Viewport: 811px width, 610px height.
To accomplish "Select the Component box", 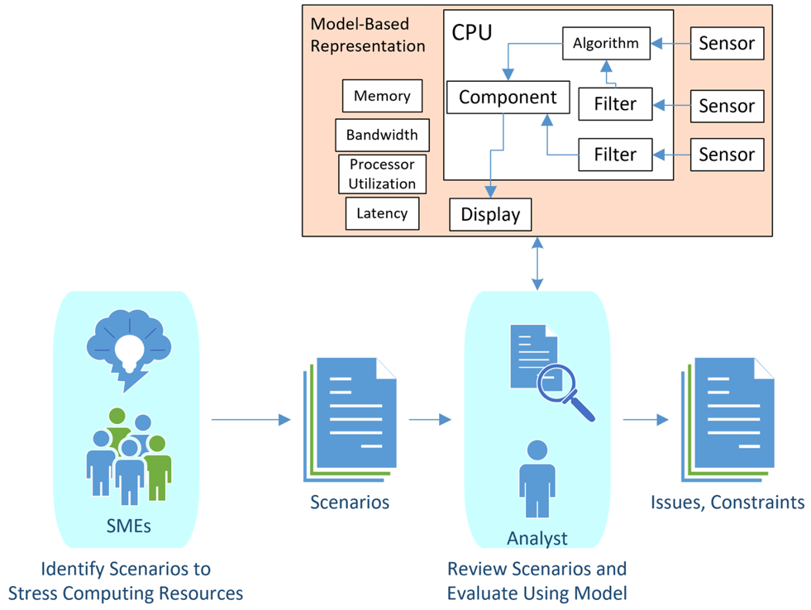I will click(508, 98).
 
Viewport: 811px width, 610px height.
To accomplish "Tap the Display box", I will click(490, 215).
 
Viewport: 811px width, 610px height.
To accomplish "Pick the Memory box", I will click(382, 96).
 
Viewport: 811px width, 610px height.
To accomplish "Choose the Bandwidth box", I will click(382, 135).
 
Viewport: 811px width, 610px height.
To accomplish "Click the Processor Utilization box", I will click(382, 174).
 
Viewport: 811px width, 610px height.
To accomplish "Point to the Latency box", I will click(382, 213).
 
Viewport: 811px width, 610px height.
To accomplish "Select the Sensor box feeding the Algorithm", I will click(727, 44).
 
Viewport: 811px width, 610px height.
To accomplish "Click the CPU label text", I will click(471, 32).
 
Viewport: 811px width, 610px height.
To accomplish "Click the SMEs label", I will click(129, 525).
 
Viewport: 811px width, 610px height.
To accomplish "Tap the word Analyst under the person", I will click(537, 539).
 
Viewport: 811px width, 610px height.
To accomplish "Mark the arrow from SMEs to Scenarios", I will click(250, 420).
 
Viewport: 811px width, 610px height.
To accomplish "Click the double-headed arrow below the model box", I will click(538, 263).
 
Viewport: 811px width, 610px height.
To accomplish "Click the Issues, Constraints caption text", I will click(728, 502).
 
